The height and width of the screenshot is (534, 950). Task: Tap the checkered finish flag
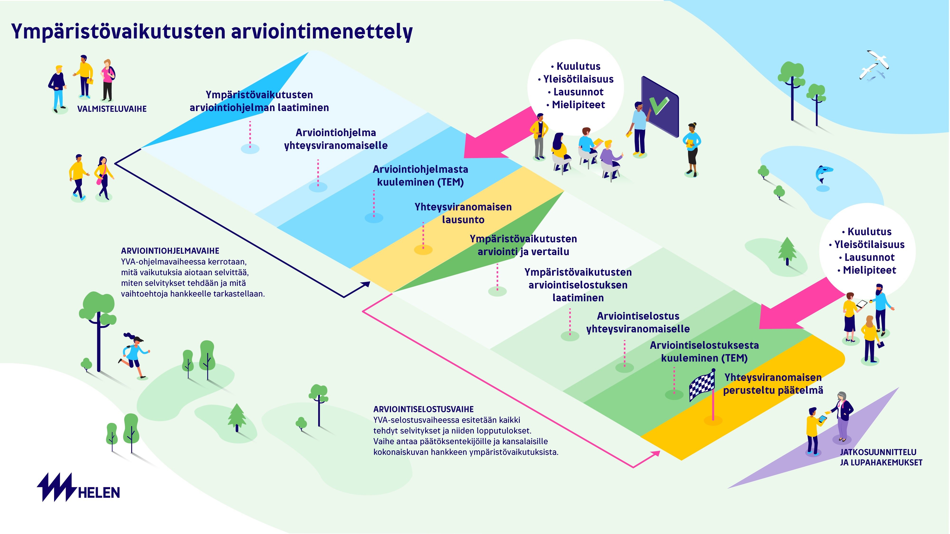tap(702, 385)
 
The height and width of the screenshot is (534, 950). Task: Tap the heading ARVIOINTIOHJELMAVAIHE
tap(170, 251)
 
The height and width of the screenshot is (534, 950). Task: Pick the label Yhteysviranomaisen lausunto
tap(463, 213)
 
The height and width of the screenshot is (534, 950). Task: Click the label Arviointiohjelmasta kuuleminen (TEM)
tap(420, 176)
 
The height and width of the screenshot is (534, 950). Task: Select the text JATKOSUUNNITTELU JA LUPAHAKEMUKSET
tap(881, 457)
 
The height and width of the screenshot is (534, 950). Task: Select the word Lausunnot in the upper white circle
tap(578, 92)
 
